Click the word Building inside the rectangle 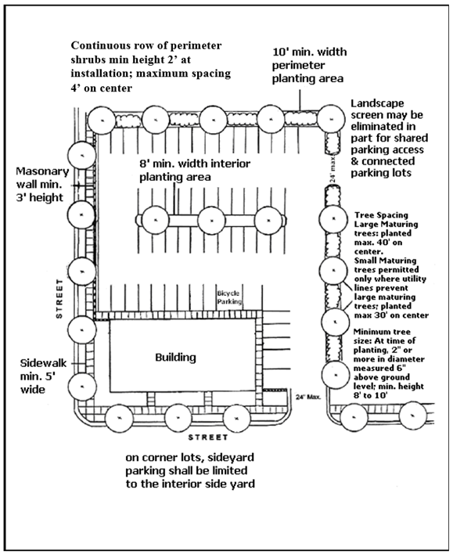click(175, 357)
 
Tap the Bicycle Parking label click(229, 297)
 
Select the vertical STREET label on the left click(59, 298)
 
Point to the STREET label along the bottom click(208, 437)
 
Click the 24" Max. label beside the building click(308, 397)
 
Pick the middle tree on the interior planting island click(211, 220)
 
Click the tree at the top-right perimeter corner click(331, 119)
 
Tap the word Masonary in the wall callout click(42, 171)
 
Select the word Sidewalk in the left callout click(43, 363)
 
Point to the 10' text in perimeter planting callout click(279, 52)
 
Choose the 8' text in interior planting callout click(145, 164)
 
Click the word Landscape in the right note click(378, 103)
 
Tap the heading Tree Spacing click(381, 215)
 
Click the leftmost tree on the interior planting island click(155, 220)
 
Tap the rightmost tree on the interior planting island click(268, 220)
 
